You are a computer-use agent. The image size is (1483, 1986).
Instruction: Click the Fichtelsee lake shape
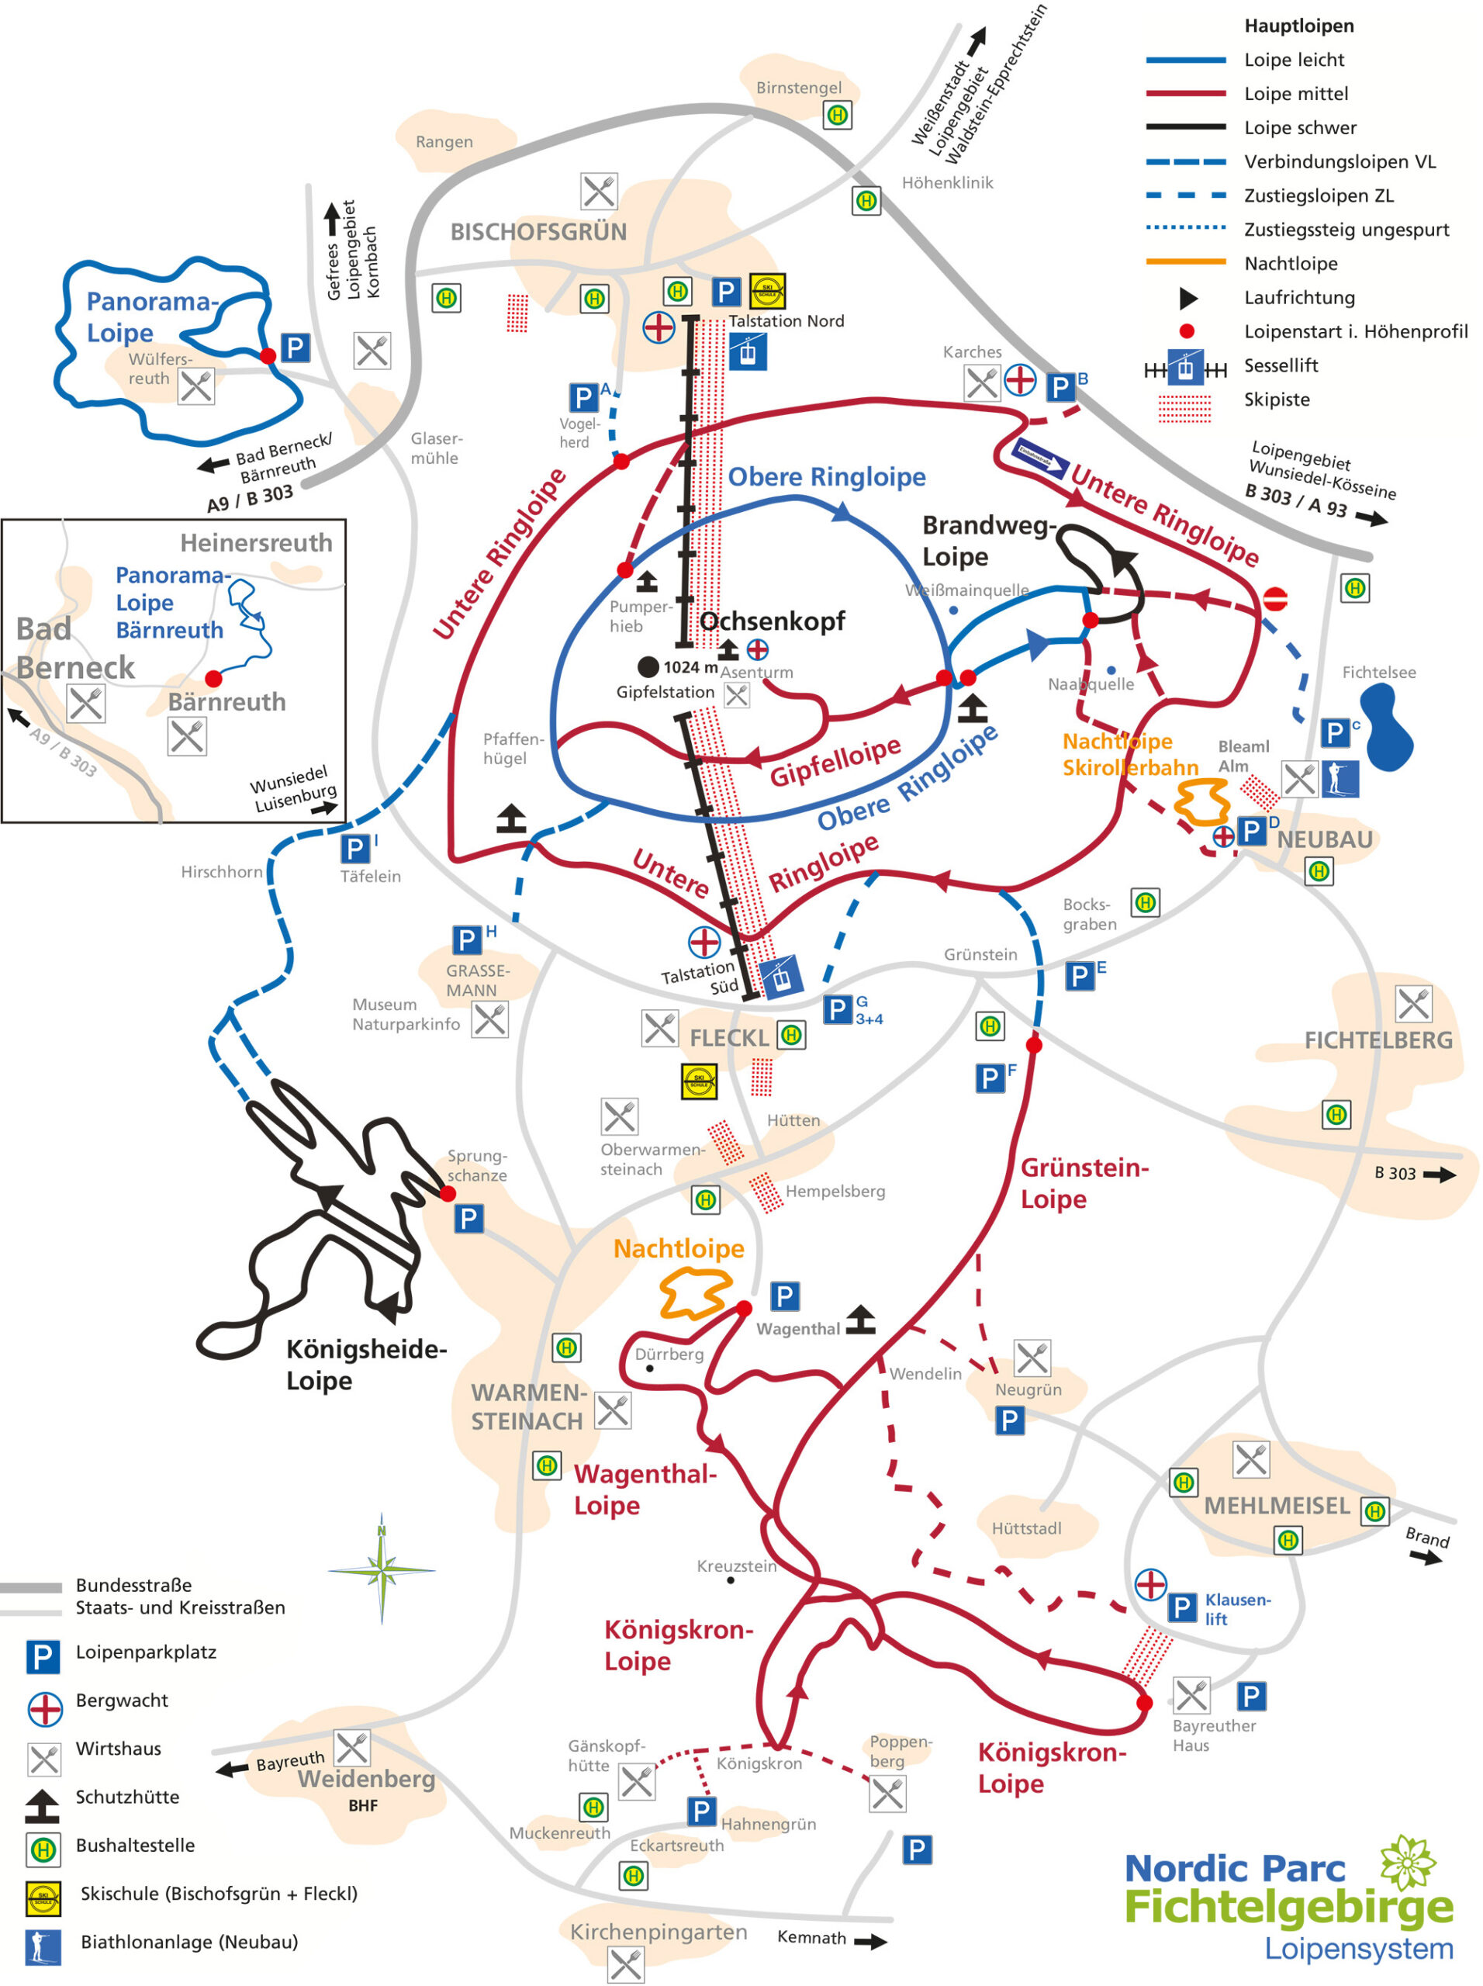(x=1386, y=727)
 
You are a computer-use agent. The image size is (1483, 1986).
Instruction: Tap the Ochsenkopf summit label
(x=772, y=621)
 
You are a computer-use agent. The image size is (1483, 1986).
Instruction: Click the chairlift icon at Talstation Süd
(x=780, y=975)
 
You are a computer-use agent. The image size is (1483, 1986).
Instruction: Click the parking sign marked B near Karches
(x=1062, y=387)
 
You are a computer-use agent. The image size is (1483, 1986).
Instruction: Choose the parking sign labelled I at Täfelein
(x=354, y=849)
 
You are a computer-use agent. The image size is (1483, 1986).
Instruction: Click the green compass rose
(x=382, y=1570)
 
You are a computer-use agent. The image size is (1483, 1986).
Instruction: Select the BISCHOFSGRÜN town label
(x=538, y=233)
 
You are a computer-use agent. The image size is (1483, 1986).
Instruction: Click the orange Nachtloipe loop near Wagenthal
(x=693, y=1293)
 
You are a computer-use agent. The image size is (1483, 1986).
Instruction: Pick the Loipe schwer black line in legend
(x=1185, y=127)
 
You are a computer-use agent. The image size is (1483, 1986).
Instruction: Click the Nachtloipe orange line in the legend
(x=1185, y=263)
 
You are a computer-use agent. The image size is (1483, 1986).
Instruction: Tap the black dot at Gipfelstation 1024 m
(x=647, y=667)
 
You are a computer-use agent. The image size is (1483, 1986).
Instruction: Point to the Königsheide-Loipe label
(x=365, y=1365)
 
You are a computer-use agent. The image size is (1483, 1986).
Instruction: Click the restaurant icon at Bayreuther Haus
(x=1191, y=1695)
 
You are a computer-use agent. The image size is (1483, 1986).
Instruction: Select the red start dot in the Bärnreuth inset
(x=213, y=678)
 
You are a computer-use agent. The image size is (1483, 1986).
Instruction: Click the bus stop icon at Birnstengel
(x=838, y=115)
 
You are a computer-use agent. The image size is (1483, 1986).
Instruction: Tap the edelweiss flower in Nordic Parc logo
(x=1409, y=1861)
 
